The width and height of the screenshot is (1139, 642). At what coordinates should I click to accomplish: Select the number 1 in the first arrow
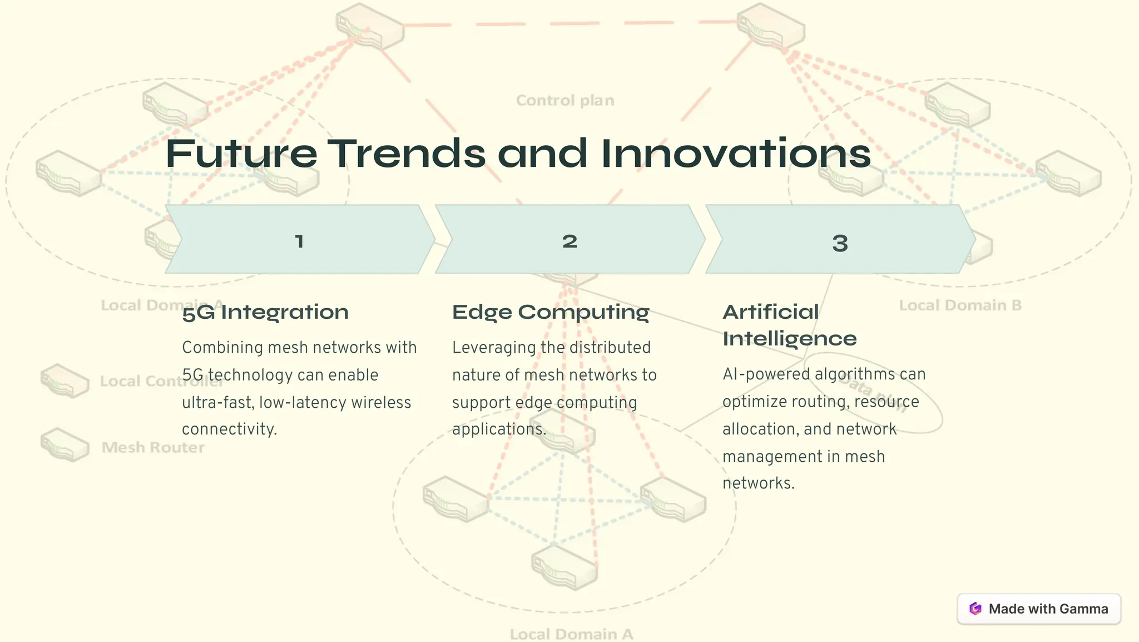299,241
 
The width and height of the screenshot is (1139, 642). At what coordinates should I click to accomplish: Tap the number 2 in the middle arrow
569,241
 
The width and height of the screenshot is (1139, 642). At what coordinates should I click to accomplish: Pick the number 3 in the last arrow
840,243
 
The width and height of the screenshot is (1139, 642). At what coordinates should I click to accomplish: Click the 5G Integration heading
265,312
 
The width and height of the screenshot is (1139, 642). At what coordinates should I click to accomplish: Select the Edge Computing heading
551,312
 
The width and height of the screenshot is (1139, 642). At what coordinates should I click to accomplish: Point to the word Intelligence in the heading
789,338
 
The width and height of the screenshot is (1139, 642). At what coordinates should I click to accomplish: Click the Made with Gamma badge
1038,609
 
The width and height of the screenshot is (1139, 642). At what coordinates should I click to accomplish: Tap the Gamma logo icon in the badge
975,609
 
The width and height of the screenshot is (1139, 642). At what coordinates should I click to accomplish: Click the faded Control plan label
565,101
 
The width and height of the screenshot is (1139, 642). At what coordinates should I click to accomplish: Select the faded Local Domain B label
960,305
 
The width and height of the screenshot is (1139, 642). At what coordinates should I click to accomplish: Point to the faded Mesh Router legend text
153,447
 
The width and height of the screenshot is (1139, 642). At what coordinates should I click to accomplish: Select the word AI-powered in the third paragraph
766,374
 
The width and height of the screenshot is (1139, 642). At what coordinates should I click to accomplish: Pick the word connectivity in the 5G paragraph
229,429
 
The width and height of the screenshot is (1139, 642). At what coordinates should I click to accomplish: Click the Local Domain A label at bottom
571,634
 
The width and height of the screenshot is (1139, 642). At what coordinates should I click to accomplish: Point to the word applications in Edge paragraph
499,429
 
